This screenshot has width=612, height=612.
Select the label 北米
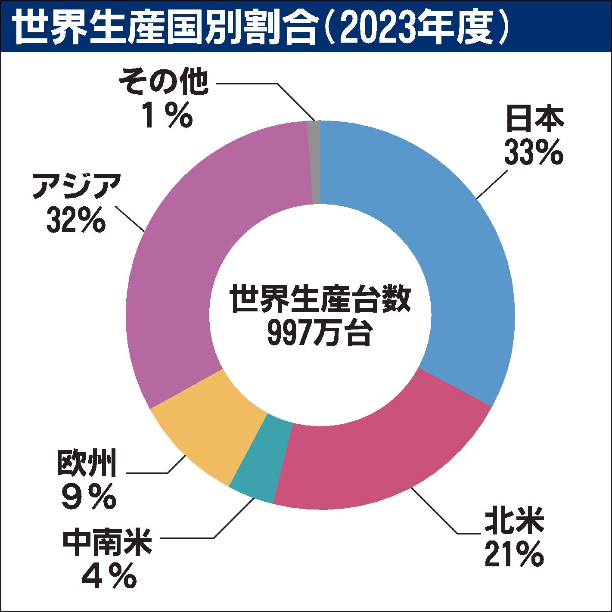click(514, 521)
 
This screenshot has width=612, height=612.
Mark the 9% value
click(88, 497)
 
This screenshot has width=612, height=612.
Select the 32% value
click(76, 220)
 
